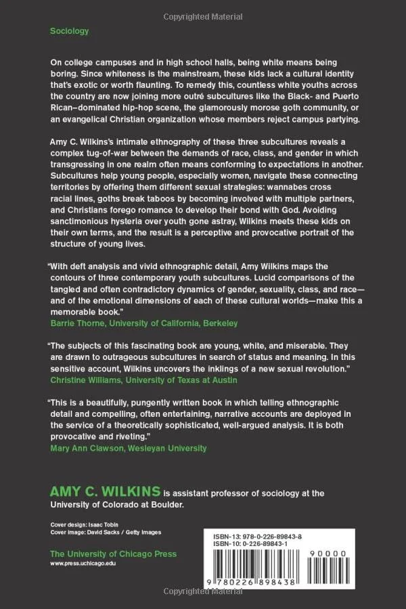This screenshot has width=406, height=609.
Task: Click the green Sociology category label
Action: (x=69, y=30)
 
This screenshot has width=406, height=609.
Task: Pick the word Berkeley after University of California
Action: (x=219, y=323)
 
